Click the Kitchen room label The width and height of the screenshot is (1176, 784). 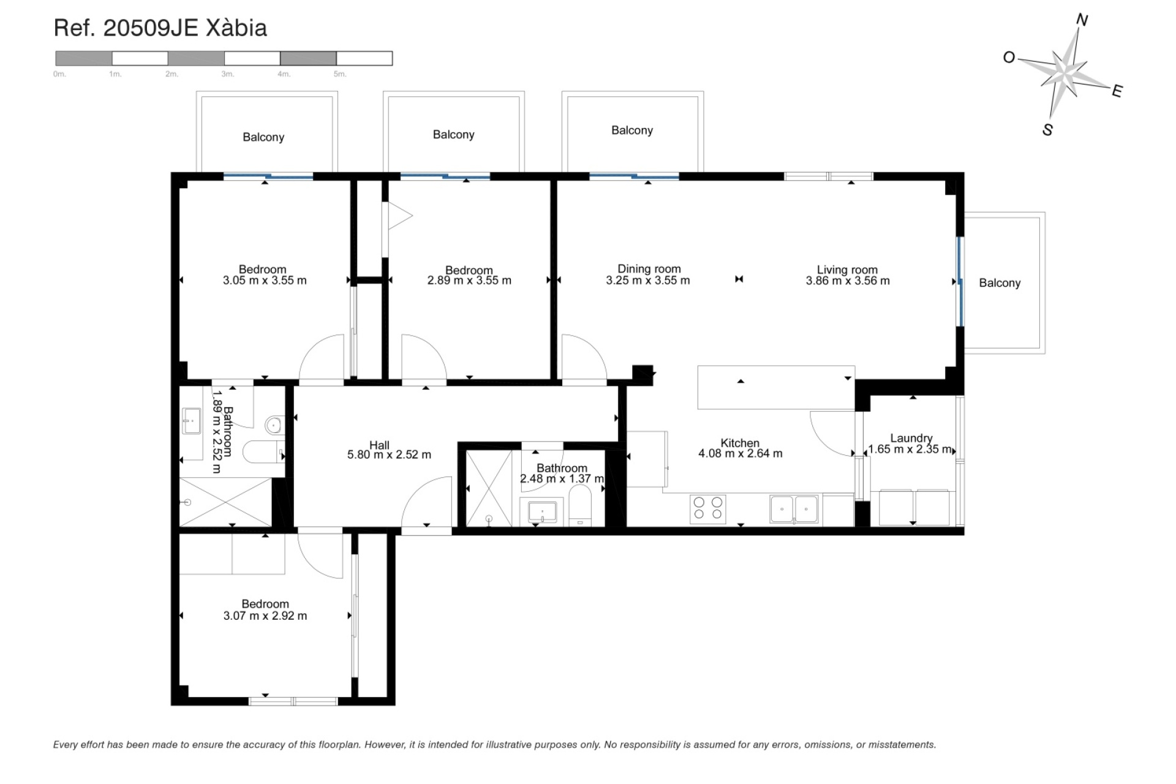[x=740, y=443]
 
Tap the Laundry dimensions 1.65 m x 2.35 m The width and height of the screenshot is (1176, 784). [x=911, y=450]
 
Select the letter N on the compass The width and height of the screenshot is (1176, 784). [x=1082, y=21]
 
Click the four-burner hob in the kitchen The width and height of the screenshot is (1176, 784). [x=708, y=509]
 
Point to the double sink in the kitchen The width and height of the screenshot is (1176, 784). [x=794, y=509]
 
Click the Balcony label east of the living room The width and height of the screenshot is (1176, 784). [x=1000, y=283]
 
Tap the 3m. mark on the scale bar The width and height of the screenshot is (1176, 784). [x=228, y=74]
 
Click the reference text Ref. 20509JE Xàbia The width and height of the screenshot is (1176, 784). [x=160, y=28]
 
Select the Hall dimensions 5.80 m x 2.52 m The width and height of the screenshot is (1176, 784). [x=389, y=455]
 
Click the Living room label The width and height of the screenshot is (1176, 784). [x=847, y=269]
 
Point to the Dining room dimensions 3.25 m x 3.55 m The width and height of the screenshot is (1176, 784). [x=648, y=281]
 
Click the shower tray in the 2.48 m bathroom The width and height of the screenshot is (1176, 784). [x=489, y=488]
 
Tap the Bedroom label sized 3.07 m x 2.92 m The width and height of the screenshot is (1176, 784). [x=265, y=604]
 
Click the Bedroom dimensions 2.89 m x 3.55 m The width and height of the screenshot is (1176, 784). [x=469, y=281]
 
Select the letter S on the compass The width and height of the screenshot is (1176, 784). [x=1047, y=130]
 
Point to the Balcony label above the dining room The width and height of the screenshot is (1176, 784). [x=632, y=130]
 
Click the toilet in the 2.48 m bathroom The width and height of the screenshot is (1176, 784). [x=579, y=505]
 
